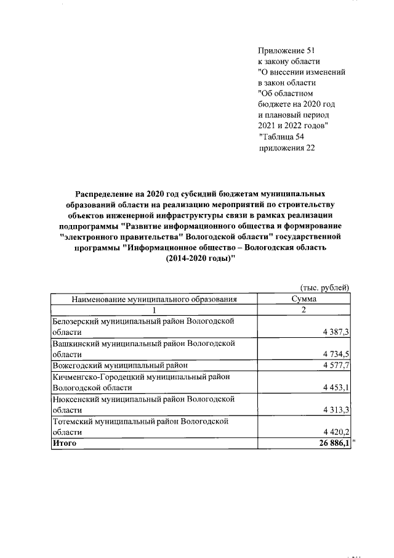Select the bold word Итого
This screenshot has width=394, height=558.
point(64,443)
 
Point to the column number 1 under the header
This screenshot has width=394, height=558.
point(155,310)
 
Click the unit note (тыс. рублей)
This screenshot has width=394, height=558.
point(324,287)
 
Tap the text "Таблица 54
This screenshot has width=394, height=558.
point(282,136)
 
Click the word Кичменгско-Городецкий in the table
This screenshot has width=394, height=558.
point(98,376)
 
